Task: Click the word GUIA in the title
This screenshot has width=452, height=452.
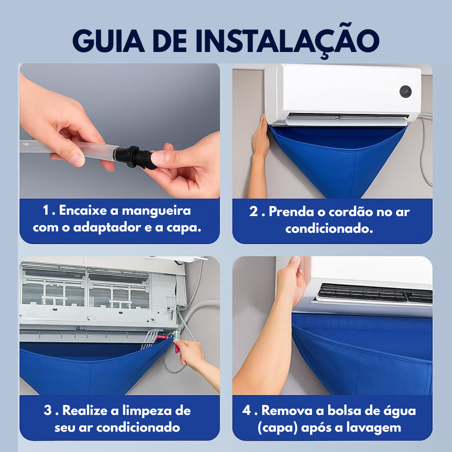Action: [108, 41]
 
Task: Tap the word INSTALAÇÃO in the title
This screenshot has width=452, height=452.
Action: [287, 41]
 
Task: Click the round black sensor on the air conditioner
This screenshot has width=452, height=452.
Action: [405, 92]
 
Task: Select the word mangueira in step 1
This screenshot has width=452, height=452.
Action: [156, 211]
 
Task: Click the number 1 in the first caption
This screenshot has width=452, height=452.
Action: [46, 210]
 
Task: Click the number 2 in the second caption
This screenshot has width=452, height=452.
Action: [254, 212]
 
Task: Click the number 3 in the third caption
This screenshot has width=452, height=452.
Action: [47, 410]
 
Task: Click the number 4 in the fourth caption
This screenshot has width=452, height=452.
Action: [246, 410]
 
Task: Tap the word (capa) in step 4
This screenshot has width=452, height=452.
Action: [278, 428]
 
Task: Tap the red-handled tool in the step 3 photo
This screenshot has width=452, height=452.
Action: [176, 344]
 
